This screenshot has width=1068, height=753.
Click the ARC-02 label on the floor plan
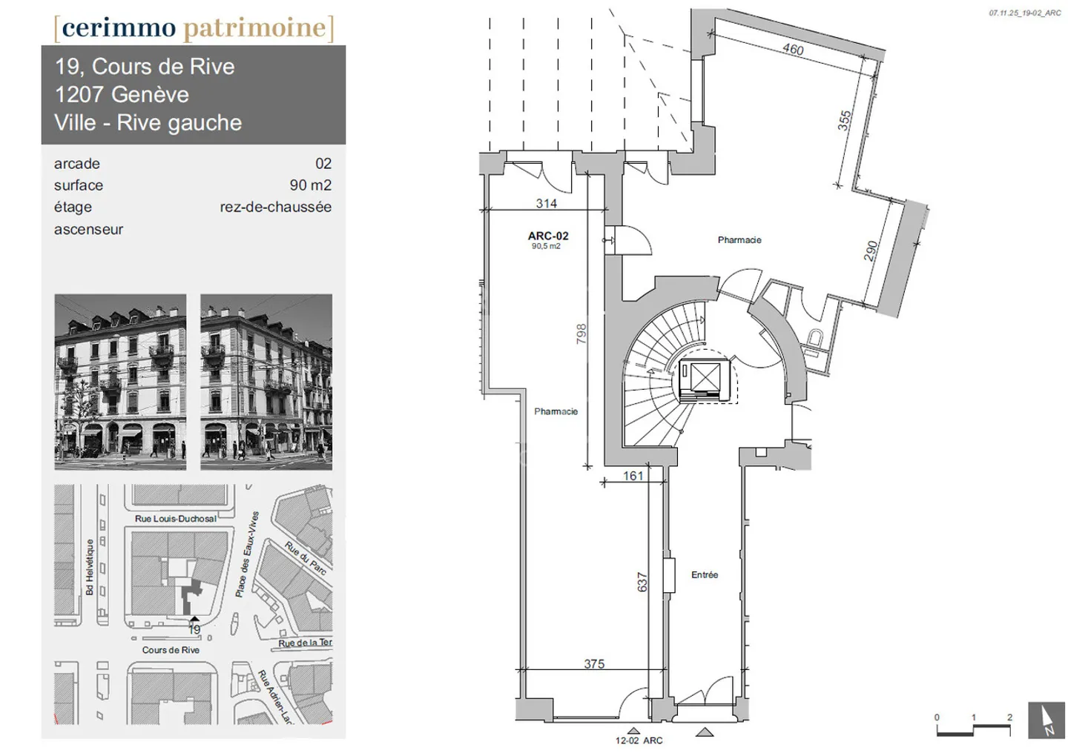[x=548, y=236]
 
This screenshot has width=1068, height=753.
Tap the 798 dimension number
[x=581, y=334]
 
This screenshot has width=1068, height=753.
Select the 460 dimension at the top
[x=793, y=49]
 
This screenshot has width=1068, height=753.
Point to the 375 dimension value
[x=594, y=664]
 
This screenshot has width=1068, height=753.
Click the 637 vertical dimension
[x=642, y=582]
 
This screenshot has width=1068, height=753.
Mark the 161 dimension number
[x=633, y=476]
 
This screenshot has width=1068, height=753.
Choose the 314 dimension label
[x=547, y=203]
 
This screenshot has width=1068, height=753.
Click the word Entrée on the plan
[x=705, y=574]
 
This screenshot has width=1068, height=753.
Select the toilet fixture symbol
[x=815, y=339]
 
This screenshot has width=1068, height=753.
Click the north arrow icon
[x=1046, y=720]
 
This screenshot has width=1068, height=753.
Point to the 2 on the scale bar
[x=1009, y=717]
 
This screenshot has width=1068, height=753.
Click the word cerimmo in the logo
[x=119, y=27]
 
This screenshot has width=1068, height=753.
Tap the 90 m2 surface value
[x=310, y=185]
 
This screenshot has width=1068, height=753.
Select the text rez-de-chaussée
[x=275, y=207]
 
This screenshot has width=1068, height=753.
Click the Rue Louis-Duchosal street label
[x=176, y=519]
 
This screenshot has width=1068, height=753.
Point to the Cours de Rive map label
[x=171, y=650]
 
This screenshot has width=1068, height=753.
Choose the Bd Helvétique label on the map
[x=90, y=567]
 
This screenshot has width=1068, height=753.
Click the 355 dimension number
[x=845, y=121]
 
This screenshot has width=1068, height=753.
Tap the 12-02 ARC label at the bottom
[x=639, y=740]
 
